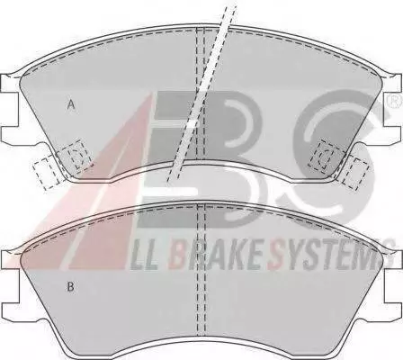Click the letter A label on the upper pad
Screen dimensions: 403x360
71,104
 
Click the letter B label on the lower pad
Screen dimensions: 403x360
70,286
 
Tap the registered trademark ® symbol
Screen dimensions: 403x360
397,102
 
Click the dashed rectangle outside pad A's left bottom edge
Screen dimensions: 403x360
44,174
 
